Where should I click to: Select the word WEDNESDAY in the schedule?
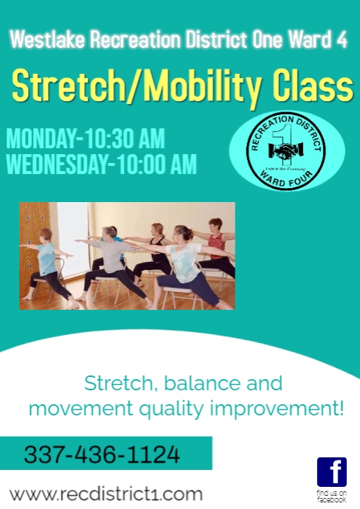(x=56, y=164)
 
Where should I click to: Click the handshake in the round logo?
(x=283, y=150)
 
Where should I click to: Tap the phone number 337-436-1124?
(x=102, y=454)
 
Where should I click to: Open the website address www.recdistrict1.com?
(x=105, y=493)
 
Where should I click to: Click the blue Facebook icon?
(x=331, y=472)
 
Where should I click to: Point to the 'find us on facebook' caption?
(x=331, y=496)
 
